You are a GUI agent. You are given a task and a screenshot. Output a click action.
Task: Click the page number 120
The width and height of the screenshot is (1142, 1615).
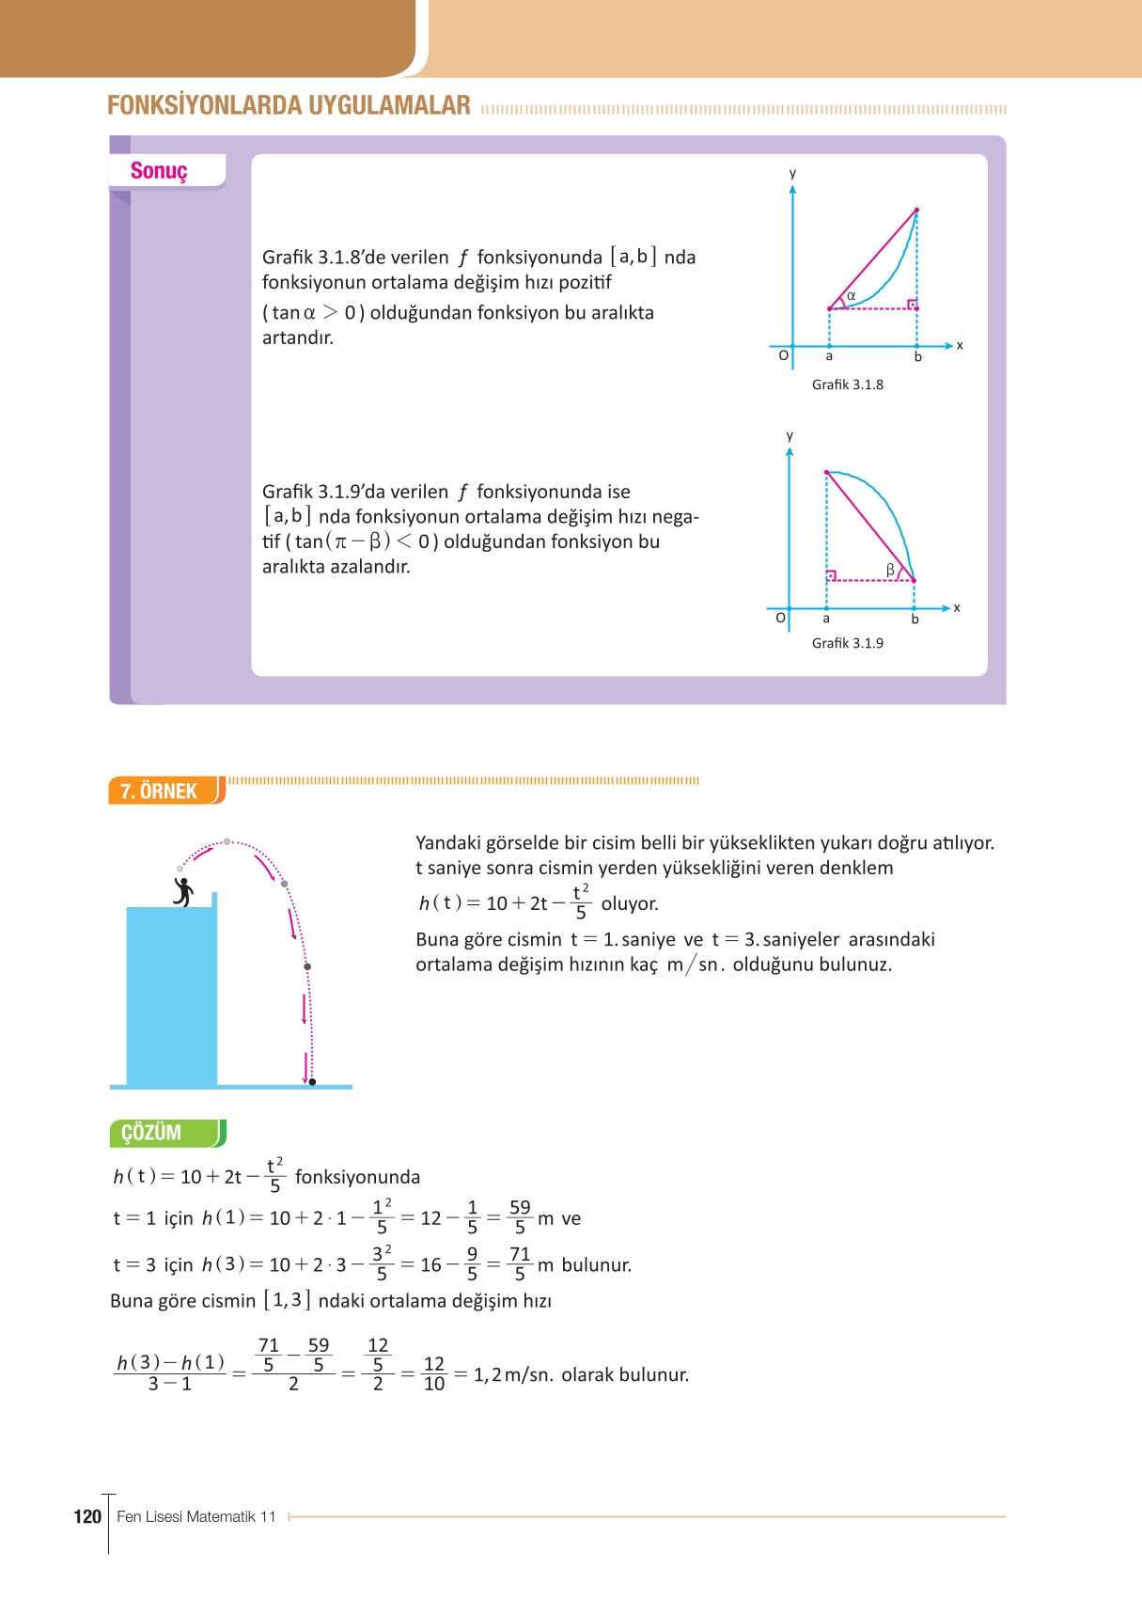click(87, 1516)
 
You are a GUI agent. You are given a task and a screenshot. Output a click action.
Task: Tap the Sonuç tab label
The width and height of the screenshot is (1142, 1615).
click(159, 171)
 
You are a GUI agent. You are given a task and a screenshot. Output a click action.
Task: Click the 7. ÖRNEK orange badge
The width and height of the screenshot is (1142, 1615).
click(161, 791)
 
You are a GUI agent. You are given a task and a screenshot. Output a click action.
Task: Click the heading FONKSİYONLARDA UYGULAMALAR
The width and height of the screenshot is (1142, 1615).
click(289, 105)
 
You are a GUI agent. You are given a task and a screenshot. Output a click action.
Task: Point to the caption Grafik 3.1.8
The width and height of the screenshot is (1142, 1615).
click(847, 384)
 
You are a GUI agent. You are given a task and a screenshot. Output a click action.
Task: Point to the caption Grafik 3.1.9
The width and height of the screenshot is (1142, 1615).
click(847, 643)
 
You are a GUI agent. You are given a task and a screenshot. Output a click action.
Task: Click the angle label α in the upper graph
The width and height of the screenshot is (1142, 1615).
click(851, 296)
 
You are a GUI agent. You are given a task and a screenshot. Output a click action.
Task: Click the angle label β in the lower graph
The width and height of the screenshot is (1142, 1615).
click(890, 570)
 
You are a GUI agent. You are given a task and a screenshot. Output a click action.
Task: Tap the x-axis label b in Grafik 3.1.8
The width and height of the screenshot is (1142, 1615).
click(918, 357)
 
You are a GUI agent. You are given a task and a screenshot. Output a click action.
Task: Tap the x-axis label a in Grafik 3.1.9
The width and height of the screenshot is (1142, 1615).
click(826, 619)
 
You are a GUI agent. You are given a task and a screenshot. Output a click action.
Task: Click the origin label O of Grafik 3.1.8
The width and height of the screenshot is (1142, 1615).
click(783, 355)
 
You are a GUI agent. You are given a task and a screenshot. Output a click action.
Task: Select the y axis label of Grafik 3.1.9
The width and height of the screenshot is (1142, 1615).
click(790, 436)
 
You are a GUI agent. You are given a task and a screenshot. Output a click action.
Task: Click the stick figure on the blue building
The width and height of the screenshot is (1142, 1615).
click(183, 891)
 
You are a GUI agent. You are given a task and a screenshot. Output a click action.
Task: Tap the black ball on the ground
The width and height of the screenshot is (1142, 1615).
click(312, 1082)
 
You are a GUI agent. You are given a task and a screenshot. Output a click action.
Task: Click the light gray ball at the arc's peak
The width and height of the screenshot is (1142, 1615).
click(227, 842)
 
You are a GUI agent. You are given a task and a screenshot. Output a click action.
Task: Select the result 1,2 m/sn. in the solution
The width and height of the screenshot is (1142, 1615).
click(513, 1375)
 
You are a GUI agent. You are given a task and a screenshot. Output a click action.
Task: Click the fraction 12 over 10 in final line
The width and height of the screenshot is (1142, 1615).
click(433, 1373)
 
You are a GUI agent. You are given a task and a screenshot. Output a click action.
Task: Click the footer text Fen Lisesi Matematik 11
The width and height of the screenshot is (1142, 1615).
click(196, 1516)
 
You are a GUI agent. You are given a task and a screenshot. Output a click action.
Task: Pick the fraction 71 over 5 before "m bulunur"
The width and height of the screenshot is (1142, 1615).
click(520, 1264)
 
